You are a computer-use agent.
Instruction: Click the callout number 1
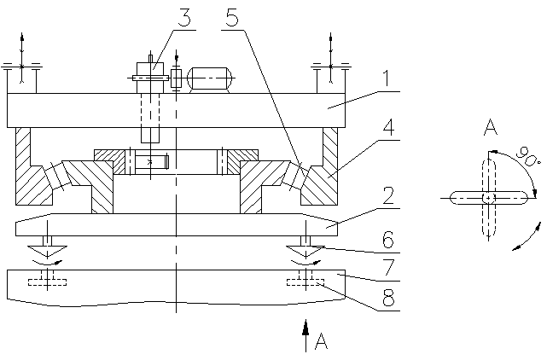[x=386, y=78]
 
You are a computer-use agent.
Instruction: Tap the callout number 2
[x=388, y=195]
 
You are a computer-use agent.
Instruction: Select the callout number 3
[x=184, y=17]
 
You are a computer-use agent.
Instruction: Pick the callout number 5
[x=232, y=17]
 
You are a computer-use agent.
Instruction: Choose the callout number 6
[x=388, y=240]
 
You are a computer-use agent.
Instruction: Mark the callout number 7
[x=388, y=268]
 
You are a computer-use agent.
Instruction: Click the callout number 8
[x=388, y=298]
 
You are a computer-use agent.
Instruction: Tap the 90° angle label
[x=528, y=156]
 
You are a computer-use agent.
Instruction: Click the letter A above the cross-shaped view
[x=491, y=127]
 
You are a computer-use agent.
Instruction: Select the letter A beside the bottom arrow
[x=321, y=341]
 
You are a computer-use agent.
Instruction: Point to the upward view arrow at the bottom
[x=306, y=335]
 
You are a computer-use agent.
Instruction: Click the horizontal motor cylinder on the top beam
[x=209, y=78]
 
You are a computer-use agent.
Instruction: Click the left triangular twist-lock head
[x=47, y=251]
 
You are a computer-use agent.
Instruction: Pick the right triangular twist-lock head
[x=306, y=251]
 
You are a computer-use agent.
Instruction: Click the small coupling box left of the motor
[x=176, y=78]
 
